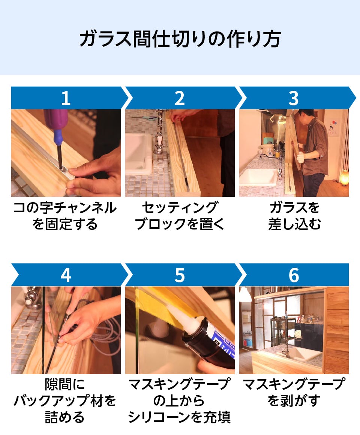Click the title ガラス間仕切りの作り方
click(180, 39)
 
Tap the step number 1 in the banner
click(66, 98)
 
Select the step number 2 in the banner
click(180, 98)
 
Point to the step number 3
click(294, 98)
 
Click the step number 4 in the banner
click(66, 275)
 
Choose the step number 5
click(180, 275)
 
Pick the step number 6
click(294, 275)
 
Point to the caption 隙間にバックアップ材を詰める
click(65, 400)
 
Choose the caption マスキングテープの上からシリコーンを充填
click(180, 400)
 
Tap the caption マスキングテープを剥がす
click(294, 392)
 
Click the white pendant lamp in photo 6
click(245, 295)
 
